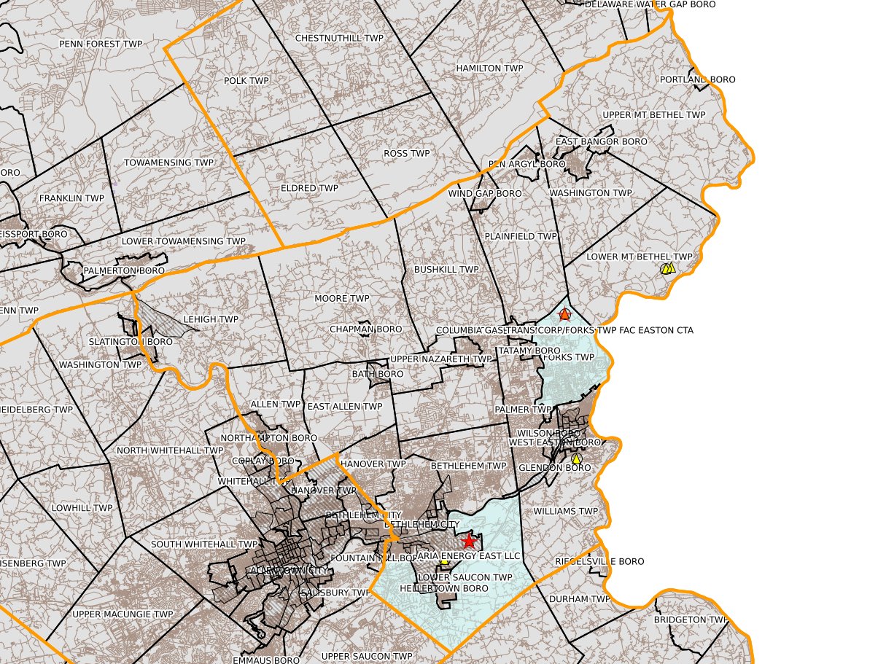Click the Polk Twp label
(246, 81)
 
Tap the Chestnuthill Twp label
(339, 38)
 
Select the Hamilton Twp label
(489, 69)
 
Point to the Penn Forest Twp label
(101, 44)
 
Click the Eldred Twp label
(309, 188)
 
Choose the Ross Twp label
(406, 154)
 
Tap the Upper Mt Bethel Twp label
(654, 115)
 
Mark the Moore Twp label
(342, 299)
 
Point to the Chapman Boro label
(365, 329)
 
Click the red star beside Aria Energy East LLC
(468, 542)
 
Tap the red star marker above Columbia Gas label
(564, 315)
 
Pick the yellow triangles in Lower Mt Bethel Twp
(667, 268)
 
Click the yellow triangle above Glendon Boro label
(576, 458)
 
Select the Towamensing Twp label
(168, 163)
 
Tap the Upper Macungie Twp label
(123, 614)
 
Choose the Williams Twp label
(565, 512)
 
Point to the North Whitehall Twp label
(170, 450)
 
